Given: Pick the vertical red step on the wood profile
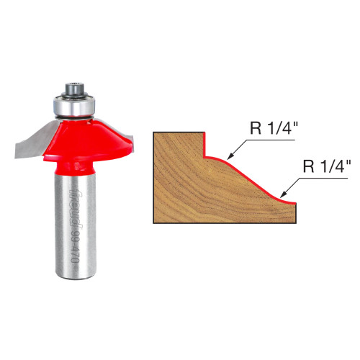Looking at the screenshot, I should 203,143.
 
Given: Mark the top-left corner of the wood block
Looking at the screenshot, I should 153,132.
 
